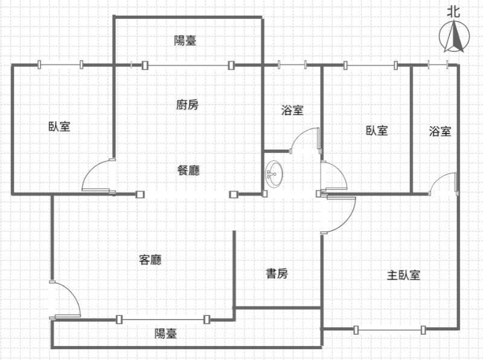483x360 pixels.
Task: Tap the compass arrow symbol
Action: coord(455,36)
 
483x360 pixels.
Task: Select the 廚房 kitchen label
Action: coord(187,104)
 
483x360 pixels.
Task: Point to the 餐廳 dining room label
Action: coord(188,170)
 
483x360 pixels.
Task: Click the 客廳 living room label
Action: coord(150,260)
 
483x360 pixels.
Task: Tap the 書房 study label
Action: coord(277,274)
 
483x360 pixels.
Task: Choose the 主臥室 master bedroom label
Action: coord(403,275)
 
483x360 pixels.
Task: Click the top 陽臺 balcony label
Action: coord(185,40)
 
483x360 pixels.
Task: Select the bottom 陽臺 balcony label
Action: coord(165,333)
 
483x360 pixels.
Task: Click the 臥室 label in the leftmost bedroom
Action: coord(59,127)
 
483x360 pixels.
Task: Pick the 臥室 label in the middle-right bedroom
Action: coord(377,130)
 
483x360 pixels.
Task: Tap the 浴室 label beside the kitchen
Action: coord(292,111)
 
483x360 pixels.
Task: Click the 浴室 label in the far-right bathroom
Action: coord(440,131)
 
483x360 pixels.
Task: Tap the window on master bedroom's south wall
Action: coord(389,329)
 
